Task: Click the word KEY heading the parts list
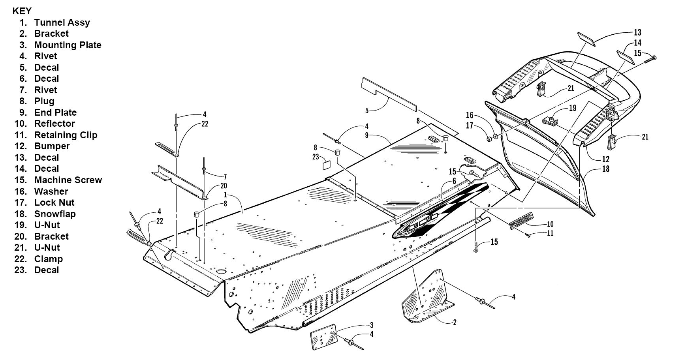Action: pyautogui.click(x=22, y=11)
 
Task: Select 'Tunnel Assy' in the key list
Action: pyautogui.click(x=62, y=22)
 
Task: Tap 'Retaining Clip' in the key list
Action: pyautogui.click(x=66, y=135)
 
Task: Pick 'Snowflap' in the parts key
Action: pyautogui.click(x=55, y=214)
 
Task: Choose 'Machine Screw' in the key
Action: pyautogui.click(x=68, y=180)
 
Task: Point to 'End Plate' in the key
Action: pyautogui.click(x=55, y=112)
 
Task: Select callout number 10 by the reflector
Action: pyautogui.click(x=550, y=225)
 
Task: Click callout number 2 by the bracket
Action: pyautogui.click(x=455, y=322)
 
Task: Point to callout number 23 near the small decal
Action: pyautogui.click(x=315, y=157)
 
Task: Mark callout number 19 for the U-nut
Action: pyautogui.click(x=572, y=108)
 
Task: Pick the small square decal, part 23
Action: pyautogui.click(x=327, y=165)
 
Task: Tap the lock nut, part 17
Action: pyautogui.click(x=489, y=139)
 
